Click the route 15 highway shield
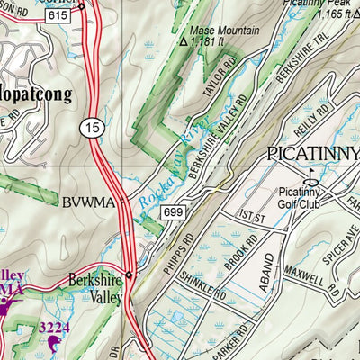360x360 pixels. tap(92, 128)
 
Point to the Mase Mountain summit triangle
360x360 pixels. tap(184, 41)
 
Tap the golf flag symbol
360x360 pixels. tap(313, 175)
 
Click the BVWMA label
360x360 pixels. tap(90, 202)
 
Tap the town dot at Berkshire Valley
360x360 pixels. tap(129, 276)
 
